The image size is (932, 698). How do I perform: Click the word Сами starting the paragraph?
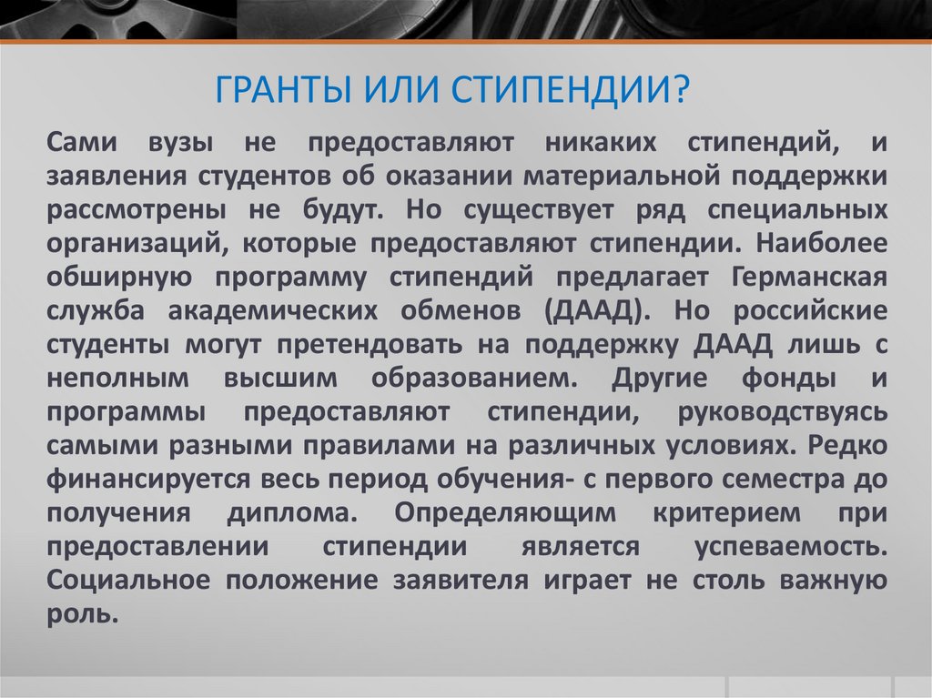(82, 143)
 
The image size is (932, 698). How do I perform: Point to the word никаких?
(601, 143)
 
